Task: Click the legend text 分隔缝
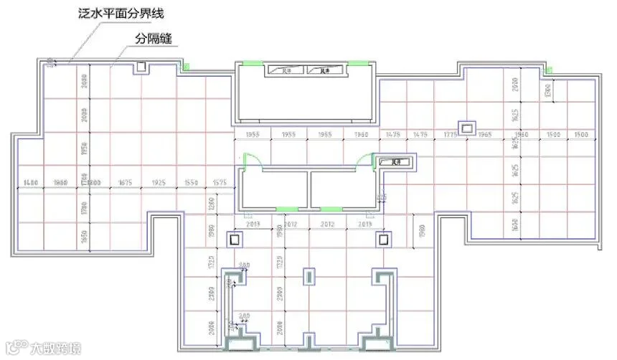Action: tap(154, 37)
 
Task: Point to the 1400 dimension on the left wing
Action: tap(30, 183)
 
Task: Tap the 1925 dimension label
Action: tap(159, 183)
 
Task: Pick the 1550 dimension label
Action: tap(190, 183)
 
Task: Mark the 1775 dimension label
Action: tap(451, 135)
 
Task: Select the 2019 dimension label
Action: tap(364, 224)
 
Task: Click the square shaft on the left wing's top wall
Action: tap(141, 67)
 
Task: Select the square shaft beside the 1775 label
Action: tap(467, 128)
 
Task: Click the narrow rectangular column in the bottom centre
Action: tap(309, 276)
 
